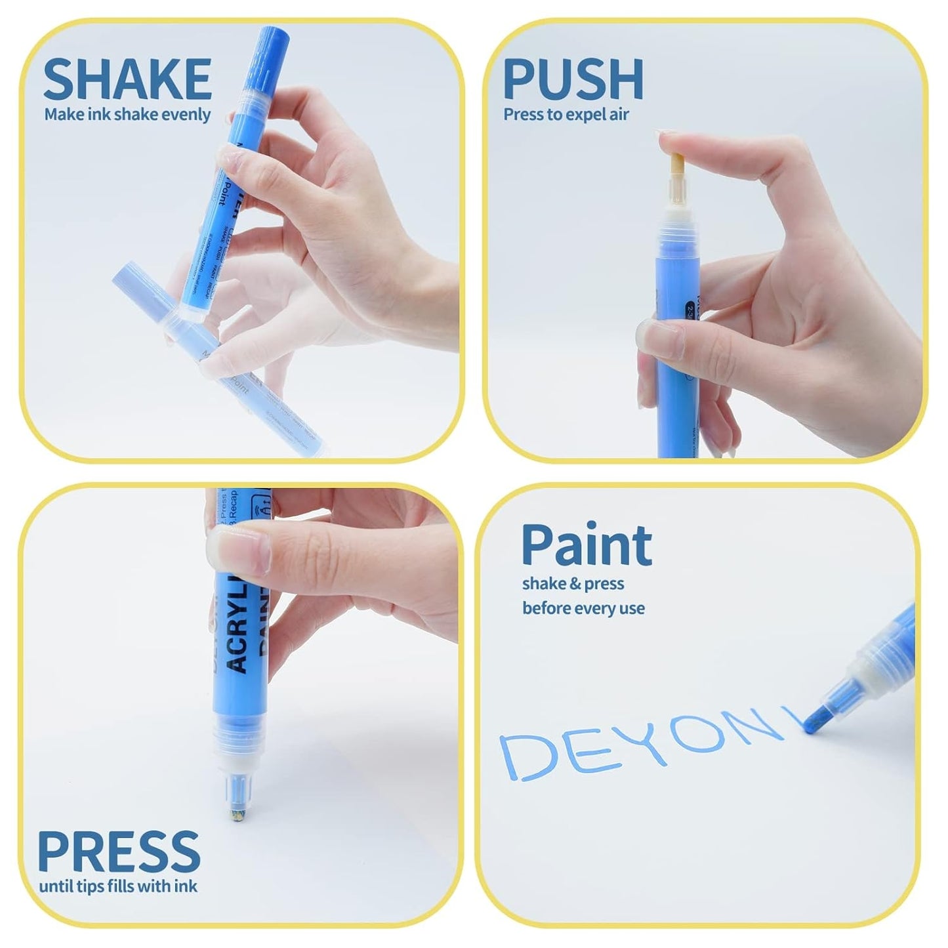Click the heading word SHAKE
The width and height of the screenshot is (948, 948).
pos(127,79)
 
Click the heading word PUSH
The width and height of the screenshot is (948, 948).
pos(573,79)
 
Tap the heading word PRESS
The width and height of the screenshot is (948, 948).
pos(119,851)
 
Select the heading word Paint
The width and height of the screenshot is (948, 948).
pos(587,545)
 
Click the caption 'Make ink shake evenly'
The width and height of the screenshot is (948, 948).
pos(127,115)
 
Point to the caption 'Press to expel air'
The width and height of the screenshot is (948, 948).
pos(566,115)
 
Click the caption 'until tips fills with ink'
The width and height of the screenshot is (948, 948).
pos(118,886)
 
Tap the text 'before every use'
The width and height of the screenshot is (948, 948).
pos(583,608)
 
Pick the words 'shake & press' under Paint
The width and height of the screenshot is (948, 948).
pos(573,584)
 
